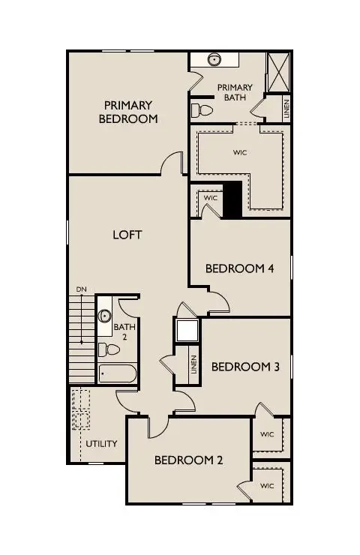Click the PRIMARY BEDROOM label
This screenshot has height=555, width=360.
pyautogui.click(x=128, y=112)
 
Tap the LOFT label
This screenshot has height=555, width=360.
pyautogui.click(x=127, y=235)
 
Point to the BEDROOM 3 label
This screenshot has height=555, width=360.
pyautogui.click(x=245, y=367)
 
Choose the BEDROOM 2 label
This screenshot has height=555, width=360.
pyautogui.click(x=188, y=460)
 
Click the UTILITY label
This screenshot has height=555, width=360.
pyautogui.click(x=100, y=443)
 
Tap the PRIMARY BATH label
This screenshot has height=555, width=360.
pyautogui.click(x=235, y=92)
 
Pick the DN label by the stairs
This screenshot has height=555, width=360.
pyautogui.click(x=81, y=289)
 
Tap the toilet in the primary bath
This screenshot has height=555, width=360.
pyautogui.click(x=200, y=111)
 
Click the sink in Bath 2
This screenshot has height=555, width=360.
pyautogui.click(x=105, y=316)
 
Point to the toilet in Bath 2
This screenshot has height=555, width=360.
pyautogui.click(x=109, y=349)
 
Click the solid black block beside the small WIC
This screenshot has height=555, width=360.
pyautogui.click(x=232, y=200)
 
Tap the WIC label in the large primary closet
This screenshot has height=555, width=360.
pyautogui.click(x=240, y=153)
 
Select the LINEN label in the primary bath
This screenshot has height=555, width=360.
pyautogui.click(x=286, y=109)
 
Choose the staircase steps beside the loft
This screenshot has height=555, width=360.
pyautogui.click(x=79, y=337)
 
